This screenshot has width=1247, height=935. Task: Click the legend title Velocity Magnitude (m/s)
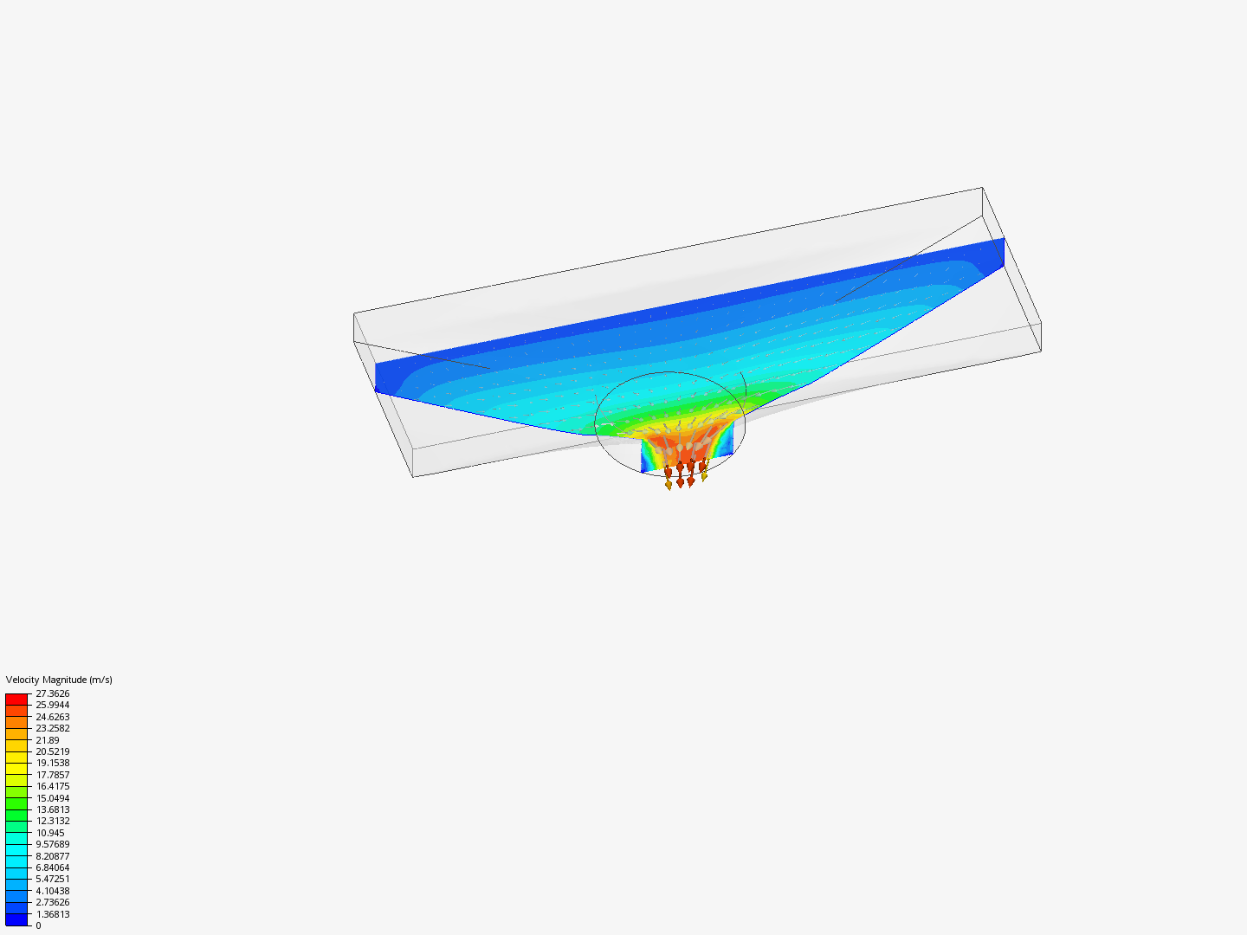click(x=59, y=680)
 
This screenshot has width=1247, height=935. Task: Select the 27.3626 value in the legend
click(x=52, y=693)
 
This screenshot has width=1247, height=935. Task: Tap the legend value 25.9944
click(x=52, y=705)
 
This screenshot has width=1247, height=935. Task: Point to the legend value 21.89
click(x=48, y=740)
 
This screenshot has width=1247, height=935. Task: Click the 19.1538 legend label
click(x=52, y=763)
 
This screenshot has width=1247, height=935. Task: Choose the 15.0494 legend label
click(x=52, y=798)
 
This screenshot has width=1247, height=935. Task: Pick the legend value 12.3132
click(x=52, y=821)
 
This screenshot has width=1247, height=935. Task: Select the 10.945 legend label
click(x=49, y=833)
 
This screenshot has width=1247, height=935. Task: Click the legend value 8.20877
click(x=52, y=856)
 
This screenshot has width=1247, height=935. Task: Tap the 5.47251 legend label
click(x=52, y=879)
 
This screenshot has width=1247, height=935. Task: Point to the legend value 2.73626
click(x=52, y=902)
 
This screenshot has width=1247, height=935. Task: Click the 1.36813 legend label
click(x=52, y=914)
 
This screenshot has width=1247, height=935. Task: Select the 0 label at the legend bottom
click(x=38, y=925)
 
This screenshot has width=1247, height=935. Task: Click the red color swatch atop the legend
click(x=16, y=699)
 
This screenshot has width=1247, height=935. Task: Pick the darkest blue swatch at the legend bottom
click(x=16, y=919)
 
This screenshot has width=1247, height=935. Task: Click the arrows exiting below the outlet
click(x=685, y=476)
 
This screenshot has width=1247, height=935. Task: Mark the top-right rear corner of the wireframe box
click(x=982, y=187)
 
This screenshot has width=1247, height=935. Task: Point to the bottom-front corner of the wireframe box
click(x=413, y=477)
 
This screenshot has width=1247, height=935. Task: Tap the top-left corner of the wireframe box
click(x=354, y=313)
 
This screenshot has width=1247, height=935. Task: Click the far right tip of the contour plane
click(x=1004, y=239)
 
